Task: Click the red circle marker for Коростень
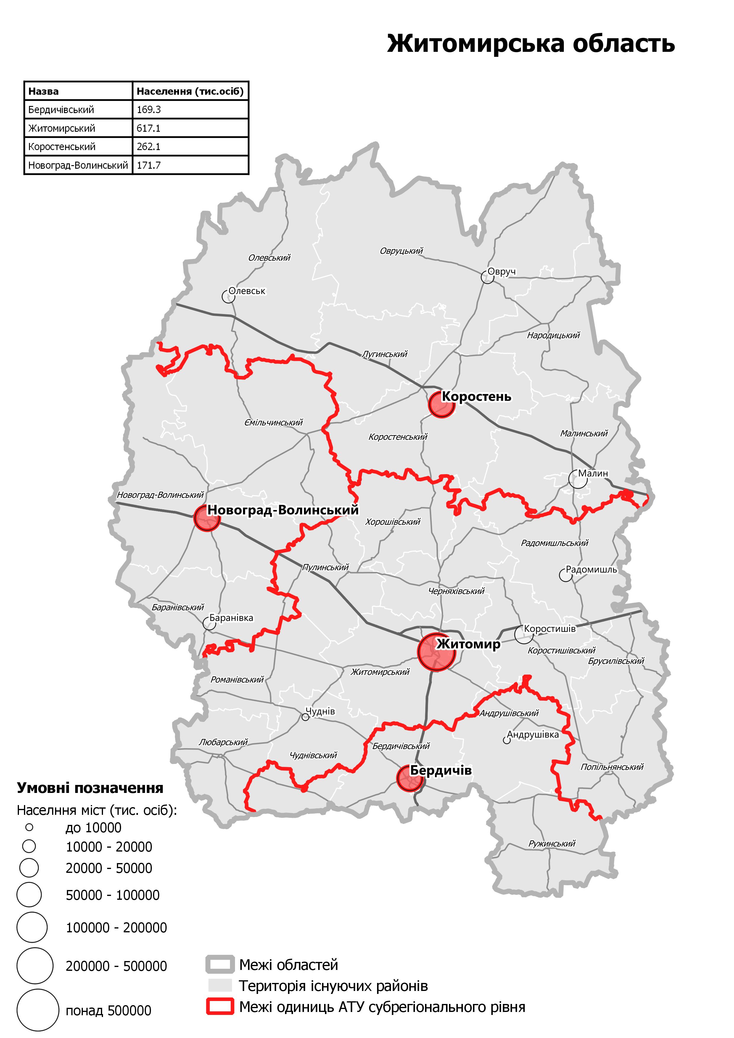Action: coord(441,404)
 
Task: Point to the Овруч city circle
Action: coord(487,277)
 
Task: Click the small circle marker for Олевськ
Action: coord(228,297)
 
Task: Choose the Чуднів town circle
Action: coord(305,717)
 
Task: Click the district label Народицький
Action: coord(553,335)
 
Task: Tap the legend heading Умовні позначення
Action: coord(90,788)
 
